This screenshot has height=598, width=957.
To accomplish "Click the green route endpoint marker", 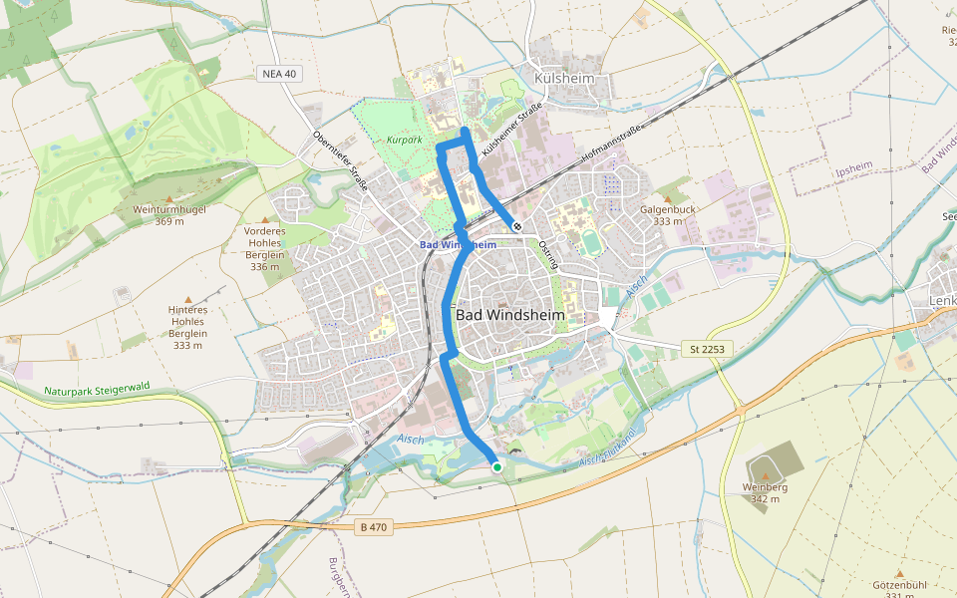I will (496, 466).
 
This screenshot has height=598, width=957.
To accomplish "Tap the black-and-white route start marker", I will (516, 226).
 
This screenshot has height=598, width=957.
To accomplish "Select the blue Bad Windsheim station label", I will (458, 244).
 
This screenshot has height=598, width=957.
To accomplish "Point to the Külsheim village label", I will (564, 78).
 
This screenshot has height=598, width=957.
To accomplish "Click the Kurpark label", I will (405, 141).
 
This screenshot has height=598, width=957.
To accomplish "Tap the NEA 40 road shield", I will (278, 74).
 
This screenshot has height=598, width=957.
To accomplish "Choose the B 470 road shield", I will (375, 526).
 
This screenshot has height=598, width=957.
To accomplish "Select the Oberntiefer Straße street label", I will (340, 160).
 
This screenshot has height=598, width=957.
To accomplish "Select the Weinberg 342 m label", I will (765, 492).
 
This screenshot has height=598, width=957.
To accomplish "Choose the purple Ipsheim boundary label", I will (853, 170).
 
